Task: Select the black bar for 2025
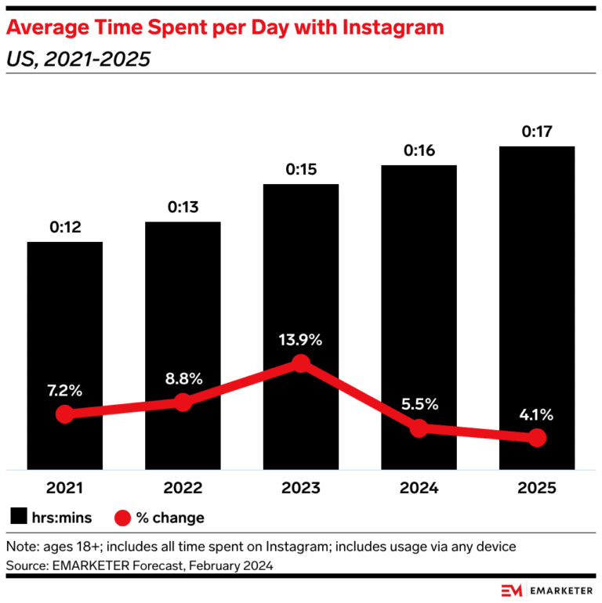[x=537, y=298]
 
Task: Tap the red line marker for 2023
[x=301, y=363]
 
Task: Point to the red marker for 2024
[x=419, y=428]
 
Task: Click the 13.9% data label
[x=301, y=341]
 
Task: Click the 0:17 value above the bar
[x=537, y=132]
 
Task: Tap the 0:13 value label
[x=183, y=208]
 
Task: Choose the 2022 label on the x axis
[x=183, y=488]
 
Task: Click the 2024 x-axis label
[x=419, y=488]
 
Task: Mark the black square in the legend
[x=20, y=518]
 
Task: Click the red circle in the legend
[x=123, y=518]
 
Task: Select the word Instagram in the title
[x=385, y=29]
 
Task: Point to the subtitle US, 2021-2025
[x=78, y=59]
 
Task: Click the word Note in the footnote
[x=22, y=546]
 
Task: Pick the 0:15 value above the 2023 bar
[x=301, y=170]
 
